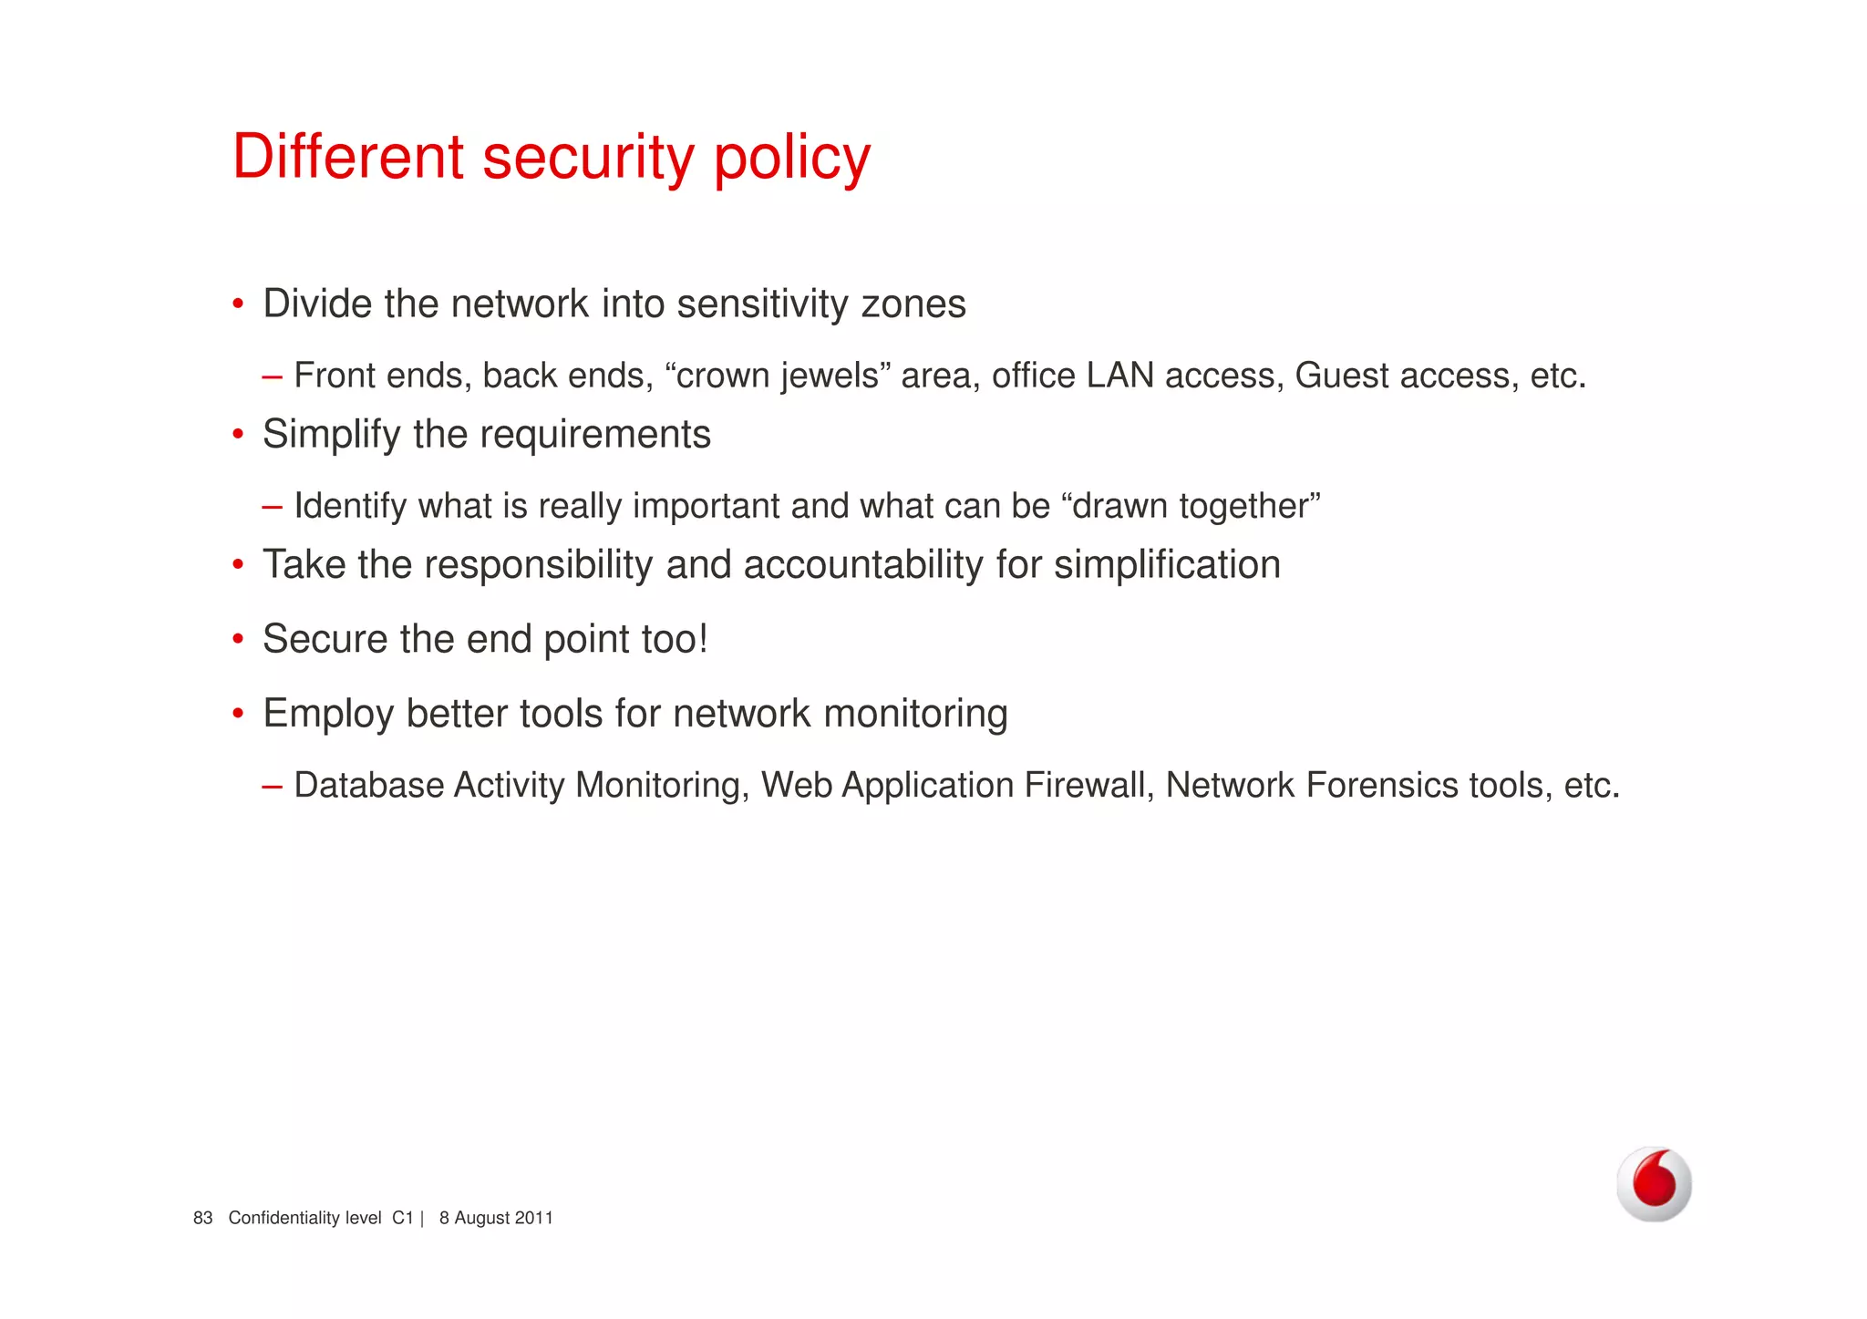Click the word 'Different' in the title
point(347,157)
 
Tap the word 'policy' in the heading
point(791,160)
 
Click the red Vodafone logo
point(1654,1184)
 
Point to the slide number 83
point(202,1219)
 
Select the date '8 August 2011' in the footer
point(496,1219)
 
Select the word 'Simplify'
point(331,435)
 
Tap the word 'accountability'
point(863,565)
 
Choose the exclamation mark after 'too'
point(703,638)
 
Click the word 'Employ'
point(328,715)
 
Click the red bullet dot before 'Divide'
point(238,304)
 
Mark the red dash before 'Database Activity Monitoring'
point(272,786)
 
